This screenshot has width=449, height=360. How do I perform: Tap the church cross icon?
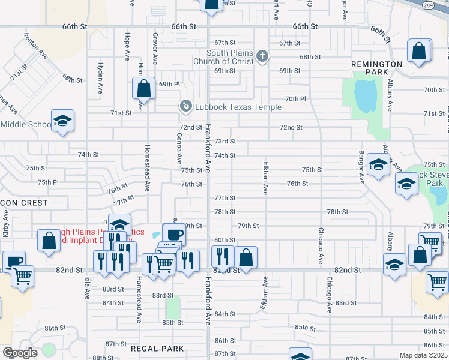point(262,57)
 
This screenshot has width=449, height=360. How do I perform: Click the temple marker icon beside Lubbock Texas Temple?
point(186,107)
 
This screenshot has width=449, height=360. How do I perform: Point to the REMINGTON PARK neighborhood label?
point(377,68)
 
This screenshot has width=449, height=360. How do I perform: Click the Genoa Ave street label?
point(179,149)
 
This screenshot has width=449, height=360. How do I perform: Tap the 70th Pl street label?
point(295,98)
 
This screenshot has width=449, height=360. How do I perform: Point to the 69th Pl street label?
point(169,85)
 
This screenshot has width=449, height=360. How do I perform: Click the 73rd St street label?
point(225,141)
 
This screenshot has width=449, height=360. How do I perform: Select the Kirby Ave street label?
point(5,223)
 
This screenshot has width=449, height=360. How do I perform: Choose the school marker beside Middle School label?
point(62,121)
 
